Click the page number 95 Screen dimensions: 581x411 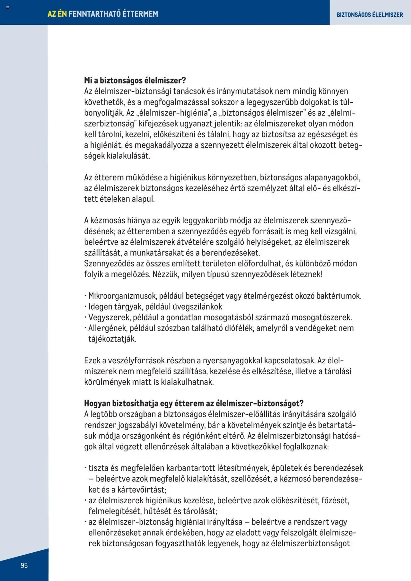[24, 565]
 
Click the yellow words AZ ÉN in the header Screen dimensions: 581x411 [57, 14]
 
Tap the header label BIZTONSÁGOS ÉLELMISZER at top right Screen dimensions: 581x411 [370, 15]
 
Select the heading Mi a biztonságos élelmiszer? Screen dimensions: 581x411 [135, 80]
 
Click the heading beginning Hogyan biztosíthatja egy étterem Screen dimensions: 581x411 [194, 403]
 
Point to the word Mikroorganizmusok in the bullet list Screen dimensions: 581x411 [122, 296]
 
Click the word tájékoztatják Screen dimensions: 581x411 [112, 339]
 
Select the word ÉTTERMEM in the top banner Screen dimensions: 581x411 [140, 14]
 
